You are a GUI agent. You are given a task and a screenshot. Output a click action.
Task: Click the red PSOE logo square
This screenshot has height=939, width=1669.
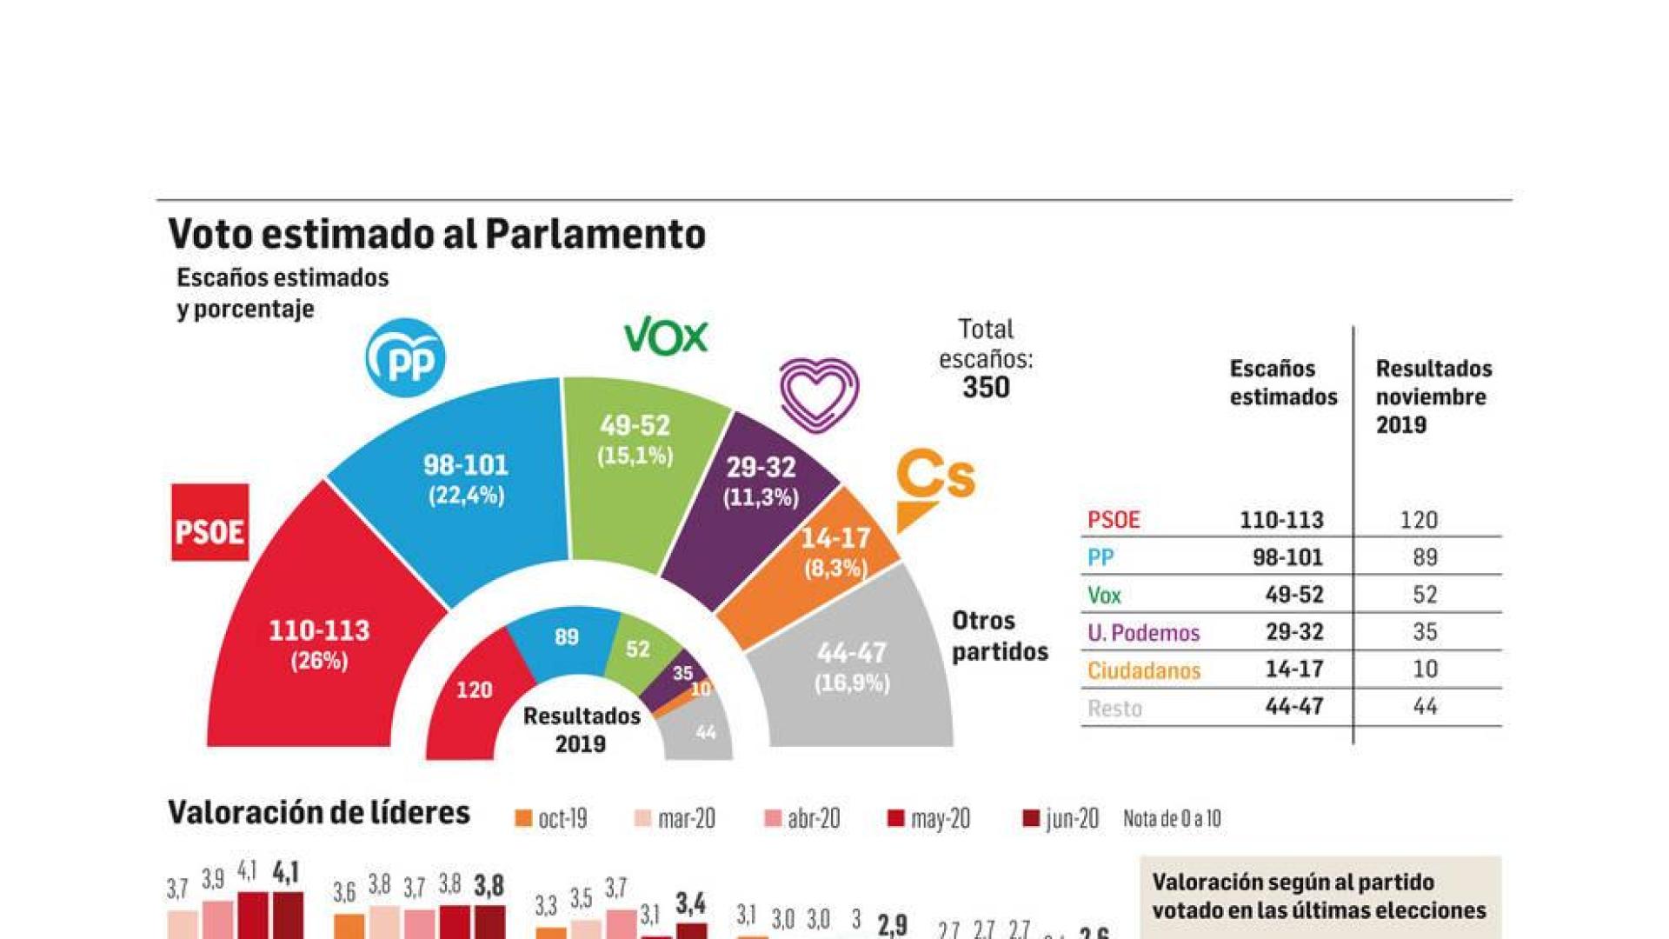click(x=209, y=523)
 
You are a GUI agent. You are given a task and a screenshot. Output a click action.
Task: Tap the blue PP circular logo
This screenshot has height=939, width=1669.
click(x=405, y=357)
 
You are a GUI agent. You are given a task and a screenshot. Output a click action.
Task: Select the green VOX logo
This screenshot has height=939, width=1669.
click(x=666, y=336)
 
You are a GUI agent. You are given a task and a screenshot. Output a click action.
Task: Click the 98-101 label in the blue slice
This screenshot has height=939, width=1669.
click(x=466, y=465)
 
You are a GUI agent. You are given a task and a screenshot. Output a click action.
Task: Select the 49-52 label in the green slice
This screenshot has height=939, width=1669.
click(x=635, y=426)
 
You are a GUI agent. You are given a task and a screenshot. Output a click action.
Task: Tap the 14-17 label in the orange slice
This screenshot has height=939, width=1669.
click(x=834, y=538)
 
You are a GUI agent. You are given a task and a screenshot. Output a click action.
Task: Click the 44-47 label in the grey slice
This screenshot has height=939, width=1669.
click(x=852, y=653)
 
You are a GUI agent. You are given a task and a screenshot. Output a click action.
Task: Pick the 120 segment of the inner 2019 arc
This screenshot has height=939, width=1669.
click(x=474, y=690)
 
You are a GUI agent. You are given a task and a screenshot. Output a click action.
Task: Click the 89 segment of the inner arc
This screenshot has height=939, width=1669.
click(x=566, y=637)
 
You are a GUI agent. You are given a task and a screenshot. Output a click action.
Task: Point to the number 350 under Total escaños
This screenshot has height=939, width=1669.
click(x=986, y=388)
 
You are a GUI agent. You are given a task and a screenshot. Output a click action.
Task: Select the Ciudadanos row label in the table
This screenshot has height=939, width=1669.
click(x=1143, y=670)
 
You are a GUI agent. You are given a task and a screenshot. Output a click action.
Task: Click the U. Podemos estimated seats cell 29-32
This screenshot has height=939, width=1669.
click(x=1293, y=632)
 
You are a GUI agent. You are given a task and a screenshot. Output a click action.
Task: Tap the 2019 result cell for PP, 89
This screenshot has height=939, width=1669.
click(x=1424, y=557)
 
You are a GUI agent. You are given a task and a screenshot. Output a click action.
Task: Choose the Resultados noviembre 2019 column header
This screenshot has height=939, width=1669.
click(x=1433, y=396)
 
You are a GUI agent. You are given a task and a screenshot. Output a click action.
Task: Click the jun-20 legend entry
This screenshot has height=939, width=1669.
click(x=1061, y=819)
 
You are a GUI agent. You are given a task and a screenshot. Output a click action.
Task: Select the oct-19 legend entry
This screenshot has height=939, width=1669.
click(x=552, y=819)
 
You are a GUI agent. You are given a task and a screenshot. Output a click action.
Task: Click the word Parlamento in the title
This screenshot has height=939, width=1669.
click(x=595, y=234)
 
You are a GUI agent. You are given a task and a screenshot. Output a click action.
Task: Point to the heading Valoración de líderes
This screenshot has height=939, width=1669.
click(x=318, y=812)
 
